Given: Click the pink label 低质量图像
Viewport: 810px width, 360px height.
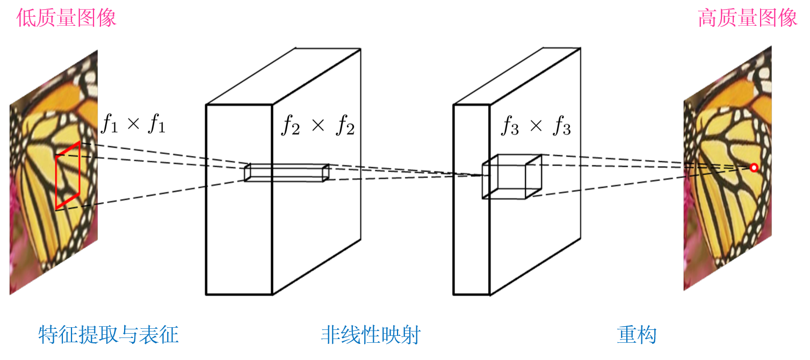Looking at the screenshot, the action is (x=66, y=18).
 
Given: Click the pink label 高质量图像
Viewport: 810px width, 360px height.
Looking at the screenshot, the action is (x=747, y=18).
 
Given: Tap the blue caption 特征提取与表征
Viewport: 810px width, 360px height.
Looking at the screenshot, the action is (x=109, y=335).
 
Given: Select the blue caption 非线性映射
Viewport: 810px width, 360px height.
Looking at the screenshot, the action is (x=371, y=335).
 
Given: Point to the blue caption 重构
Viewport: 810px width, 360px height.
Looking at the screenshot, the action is (x=637, y=335).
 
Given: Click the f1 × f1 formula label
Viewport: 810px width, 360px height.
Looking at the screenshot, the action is (x=133, y=125).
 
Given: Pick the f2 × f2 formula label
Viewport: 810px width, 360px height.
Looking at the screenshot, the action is (x=318, y=127).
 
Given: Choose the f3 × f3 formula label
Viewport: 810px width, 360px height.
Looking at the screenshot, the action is (x=536, y=127).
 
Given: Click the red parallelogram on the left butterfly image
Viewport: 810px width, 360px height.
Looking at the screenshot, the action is (x=68, y=175).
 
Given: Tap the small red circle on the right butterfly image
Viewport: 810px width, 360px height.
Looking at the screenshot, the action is (x=754, y=168).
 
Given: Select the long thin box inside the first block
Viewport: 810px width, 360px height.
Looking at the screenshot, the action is (x=286, y=172).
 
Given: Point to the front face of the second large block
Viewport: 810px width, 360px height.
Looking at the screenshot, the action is (x=471, y=242).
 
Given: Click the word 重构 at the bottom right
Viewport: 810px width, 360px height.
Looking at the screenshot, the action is (x=637, y=335).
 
